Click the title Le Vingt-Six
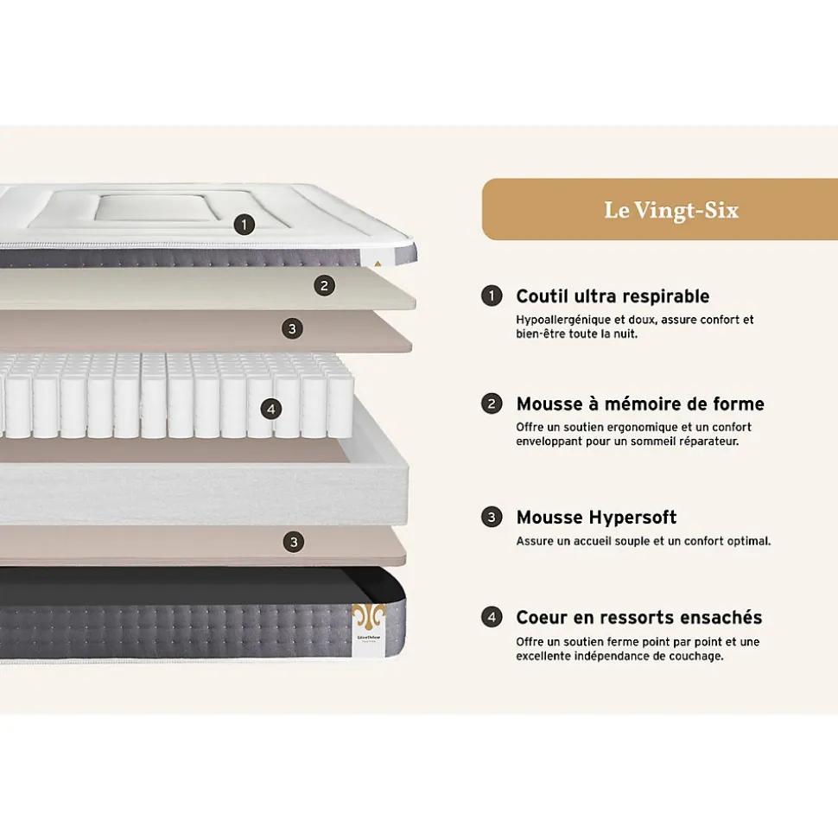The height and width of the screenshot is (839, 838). coord(671,210)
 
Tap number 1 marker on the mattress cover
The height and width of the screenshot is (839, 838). coord(244,225)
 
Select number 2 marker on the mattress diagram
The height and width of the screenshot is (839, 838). coord(324,286)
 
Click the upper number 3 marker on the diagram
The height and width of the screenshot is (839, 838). coord(292,328)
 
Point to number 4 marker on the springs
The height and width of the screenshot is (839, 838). coord(270,410)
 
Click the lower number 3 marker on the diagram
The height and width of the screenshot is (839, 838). coord(293,542)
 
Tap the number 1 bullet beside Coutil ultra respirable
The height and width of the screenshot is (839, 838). coord(492,296)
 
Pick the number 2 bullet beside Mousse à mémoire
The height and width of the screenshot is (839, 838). coord(492,404)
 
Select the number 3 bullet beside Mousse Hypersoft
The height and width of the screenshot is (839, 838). coord(492,518)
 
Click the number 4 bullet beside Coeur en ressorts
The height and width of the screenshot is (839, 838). coord(492,617)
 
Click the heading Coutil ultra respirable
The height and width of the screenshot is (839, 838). coord(613,296)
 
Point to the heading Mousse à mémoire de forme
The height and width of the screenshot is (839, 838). coord(640,404)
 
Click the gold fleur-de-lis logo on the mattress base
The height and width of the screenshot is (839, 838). coord(369,617)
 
